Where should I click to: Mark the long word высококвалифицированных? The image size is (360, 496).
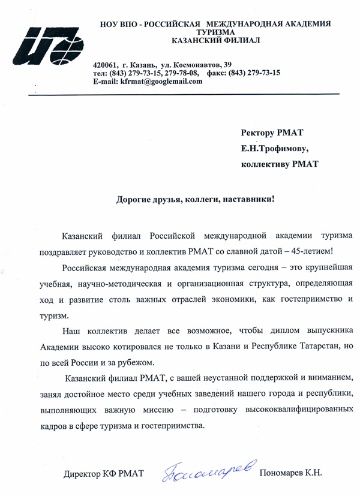click(x=290, y=411)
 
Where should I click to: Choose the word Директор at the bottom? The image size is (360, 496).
click(x=82, y=474)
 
